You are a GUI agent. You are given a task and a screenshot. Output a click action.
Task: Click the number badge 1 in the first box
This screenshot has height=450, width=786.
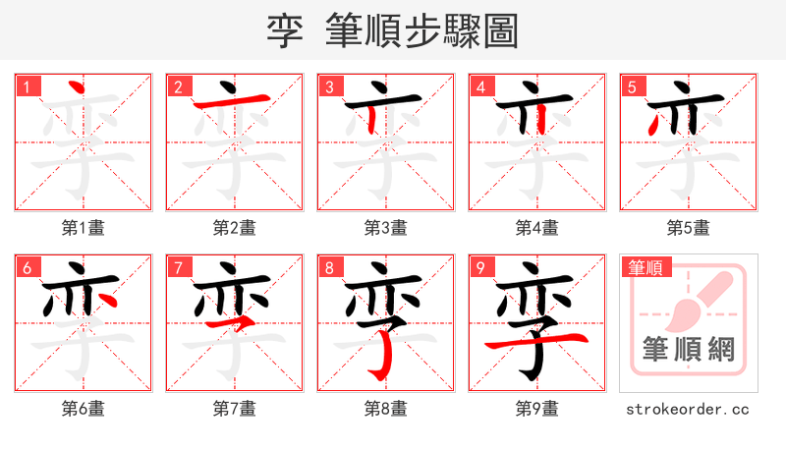point(27,87)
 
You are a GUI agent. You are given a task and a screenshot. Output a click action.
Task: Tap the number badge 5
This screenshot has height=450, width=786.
point(632,87)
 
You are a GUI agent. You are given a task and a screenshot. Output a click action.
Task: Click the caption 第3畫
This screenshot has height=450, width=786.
point(385,228)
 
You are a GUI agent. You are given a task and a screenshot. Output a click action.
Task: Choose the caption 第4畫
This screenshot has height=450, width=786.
point(536,228)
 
